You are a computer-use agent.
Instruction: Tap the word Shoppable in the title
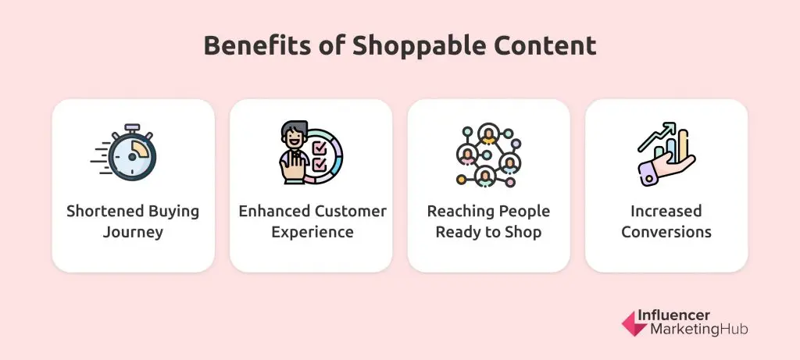click(x=402, y=45)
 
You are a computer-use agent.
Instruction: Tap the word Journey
click(x=133, y=232)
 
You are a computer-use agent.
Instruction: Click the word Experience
click(x=311, y=232)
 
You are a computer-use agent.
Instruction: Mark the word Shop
click(x=523, y=232)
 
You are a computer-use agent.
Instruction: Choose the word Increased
click(x=666, y=212)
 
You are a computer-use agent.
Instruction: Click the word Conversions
click(x=666, y=232)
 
